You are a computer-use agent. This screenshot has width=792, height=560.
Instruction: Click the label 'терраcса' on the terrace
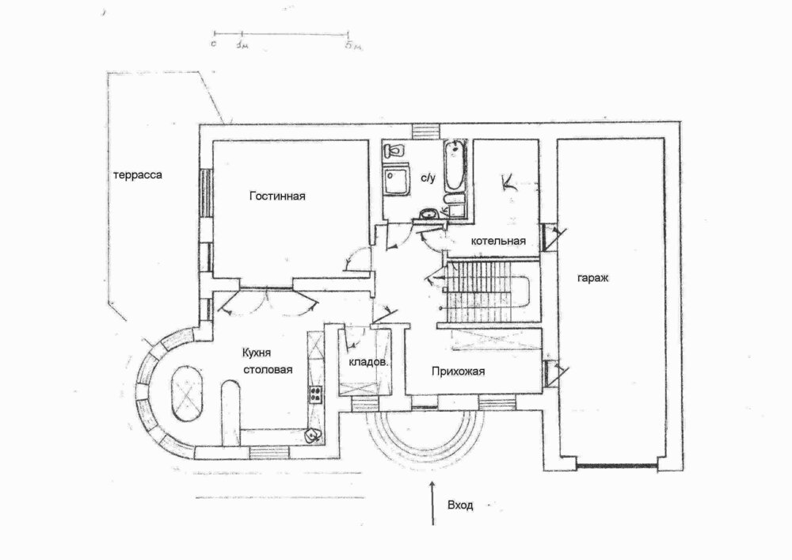137,175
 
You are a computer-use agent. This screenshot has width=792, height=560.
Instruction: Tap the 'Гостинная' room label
277,196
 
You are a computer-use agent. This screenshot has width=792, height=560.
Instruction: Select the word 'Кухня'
257,353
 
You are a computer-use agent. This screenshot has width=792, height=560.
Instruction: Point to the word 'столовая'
268,370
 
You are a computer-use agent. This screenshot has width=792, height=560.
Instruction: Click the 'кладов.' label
368,363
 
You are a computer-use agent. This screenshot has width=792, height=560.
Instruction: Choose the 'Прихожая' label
458,371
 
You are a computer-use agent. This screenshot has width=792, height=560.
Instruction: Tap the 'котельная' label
498,241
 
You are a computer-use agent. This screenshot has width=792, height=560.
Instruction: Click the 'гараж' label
592,278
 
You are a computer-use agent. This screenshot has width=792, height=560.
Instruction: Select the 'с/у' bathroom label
428,178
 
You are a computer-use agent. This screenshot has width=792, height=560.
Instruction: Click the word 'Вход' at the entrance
460,505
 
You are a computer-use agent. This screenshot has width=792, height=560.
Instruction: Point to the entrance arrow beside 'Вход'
432,503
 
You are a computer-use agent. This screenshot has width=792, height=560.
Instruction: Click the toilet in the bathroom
394,150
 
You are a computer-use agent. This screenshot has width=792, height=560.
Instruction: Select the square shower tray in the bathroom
396,181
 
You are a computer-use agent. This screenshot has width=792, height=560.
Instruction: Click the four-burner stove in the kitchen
315,394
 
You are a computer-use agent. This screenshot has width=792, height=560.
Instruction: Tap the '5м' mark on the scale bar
353,46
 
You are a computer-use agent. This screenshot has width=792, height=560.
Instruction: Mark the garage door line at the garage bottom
616,465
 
